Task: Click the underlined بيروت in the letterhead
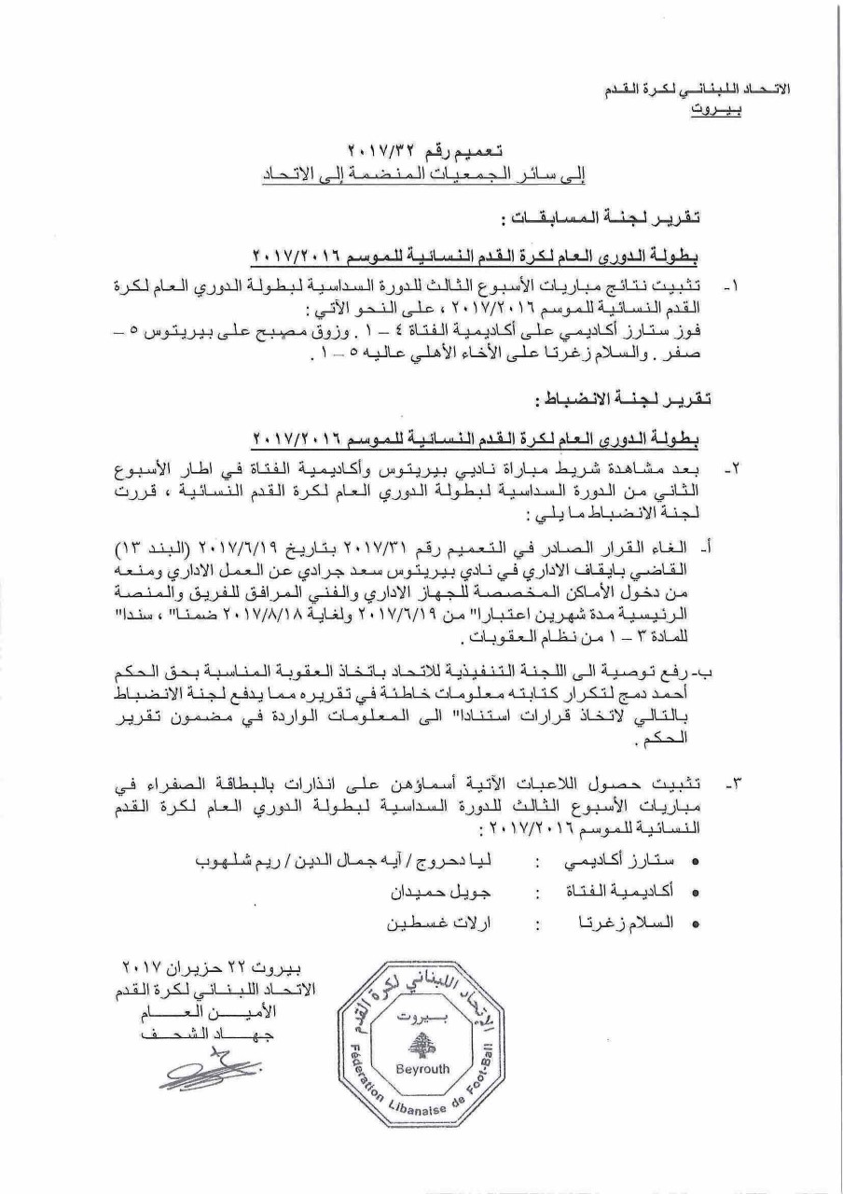point(715,109)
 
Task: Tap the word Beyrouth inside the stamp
point(422,1068)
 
